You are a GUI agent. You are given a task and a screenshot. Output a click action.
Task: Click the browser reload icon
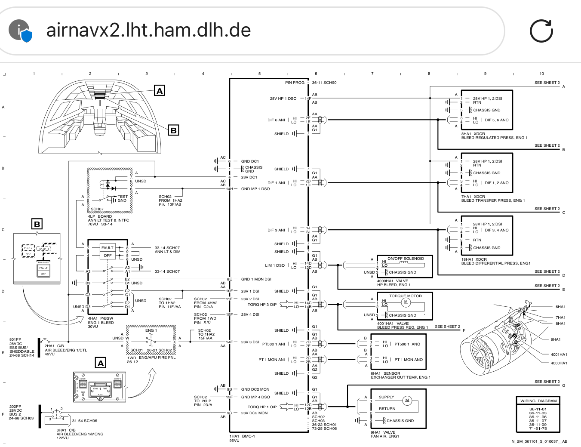coord(541,31)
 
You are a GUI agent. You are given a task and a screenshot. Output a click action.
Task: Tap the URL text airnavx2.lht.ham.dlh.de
coord(148,30)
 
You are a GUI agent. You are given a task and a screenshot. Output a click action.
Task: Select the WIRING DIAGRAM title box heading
coord(538,401)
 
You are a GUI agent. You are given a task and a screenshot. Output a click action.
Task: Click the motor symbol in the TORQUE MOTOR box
coord(406,302)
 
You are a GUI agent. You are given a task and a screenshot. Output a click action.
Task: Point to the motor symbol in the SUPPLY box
coord(407,401)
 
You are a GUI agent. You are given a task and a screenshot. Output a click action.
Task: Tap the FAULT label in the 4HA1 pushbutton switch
coord(107,247)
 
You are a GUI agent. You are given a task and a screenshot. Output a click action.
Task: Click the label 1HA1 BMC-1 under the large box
coord(242,436)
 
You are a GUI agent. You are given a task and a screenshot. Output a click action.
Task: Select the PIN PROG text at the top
coord(295,83)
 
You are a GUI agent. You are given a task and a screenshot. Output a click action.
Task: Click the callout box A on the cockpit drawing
coord(160,91)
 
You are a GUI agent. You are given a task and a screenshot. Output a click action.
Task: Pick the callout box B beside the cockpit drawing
coord(173,130)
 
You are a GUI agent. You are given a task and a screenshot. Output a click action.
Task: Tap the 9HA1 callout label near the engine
coord(556,339)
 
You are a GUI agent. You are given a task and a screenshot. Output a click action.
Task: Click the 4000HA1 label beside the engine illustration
coord(559,363)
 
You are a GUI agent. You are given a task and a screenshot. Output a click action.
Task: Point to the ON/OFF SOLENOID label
coord(406,259)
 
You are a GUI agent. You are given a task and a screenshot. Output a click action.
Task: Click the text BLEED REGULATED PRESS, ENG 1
coord(494,138)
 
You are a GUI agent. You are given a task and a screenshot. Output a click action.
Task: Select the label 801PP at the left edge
coord(15,339)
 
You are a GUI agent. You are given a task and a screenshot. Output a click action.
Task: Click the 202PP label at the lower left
coord(15,407)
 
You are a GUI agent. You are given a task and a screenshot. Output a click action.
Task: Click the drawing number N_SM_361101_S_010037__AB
coord(539,441)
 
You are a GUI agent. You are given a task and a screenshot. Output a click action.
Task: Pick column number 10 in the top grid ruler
coord(541,74)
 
